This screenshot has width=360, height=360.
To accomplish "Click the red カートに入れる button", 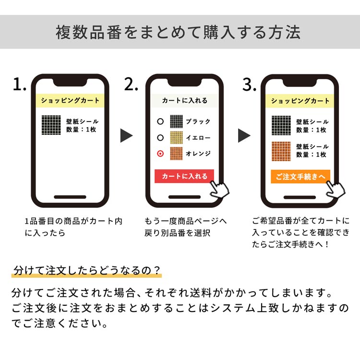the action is click(x=184, y=176).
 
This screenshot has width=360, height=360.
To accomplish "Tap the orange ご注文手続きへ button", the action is click(x=300, y=177).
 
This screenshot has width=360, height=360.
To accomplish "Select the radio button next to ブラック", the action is click(x=160, y=121).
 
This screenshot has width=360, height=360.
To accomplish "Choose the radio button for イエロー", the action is click(x=160, y=138).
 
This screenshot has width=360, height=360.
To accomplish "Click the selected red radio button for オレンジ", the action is click(x=160, y=154).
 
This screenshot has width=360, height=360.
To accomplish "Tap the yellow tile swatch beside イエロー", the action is click(x=176, y=138).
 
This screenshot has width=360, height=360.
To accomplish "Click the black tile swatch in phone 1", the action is click(x=51, y=125).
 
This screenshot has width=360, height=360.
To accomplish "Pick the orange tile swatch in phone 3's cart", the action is click(x=281, y=151).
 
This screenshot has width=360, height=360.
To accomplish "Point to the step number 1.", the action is click(x=19, y=84).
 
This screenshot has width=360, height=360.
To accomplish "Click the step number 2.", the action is click(x=131, y=84).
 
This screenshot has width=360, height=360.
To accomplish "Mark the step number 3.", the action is click(x=249, y=84).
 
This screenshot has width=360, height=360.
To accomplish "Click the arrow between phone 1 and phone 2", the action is click(x=127, y=135).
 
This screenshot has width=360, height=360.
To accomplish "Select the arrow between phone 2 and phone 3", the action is click(x=244, y=135).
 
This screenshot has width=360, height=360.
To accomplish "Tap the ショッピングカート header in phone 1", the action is click(x=70, y=101).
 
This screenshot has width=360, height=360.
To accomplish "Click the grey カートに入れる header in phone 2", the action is click(x=185, y=101).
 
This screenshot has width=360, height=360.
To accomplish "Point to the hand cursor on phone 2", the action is click(x=219, y=189).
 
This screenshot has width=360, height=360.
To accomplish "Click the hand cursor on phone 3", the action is click(x=335, y=189).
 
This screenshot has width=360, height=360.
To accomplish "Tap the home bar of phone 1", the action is click(x=70, y=197).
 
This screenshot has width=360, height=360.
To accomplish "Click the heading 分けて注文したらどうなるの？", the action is click(x=86, y=270).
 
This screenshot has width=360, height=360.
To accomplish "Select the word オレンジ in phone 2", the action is click(x=198, y=154).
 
